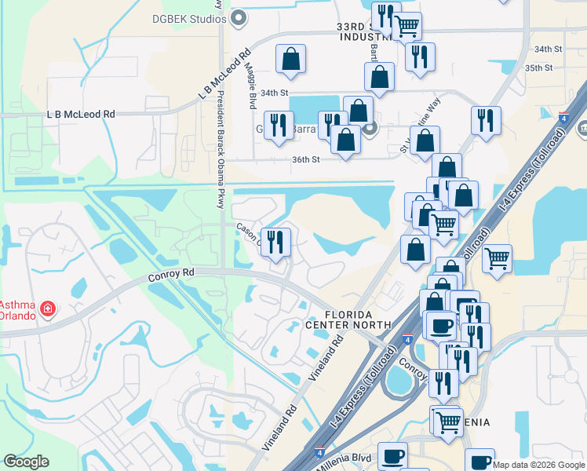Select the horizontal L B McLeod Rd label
pos(81,114)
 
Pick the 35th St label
pos(539,68)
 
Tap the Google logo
pos(26,462)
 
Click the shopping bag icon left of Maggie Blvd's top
pos(290,59)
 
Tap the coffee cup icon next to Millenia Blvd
pos(392,456)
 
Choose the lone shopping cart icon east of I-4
pos(497,257)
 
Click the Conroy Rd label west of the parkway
pos(171,276)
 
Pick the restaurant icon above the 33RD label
pos(385,13)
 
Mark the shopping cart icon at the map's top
pos(407,26)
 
